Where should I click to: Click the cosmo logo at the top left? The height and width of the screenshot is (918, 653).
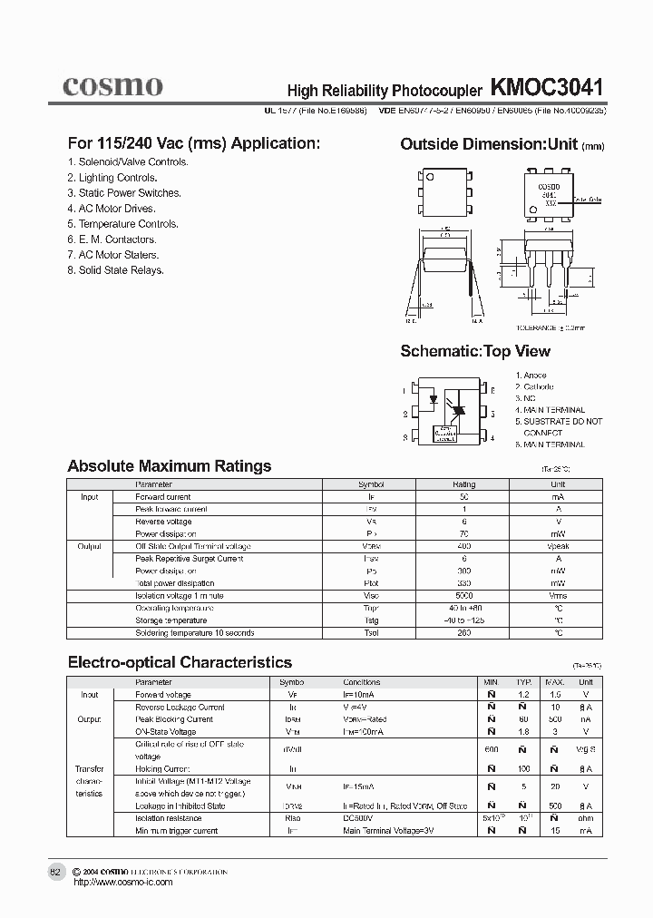point(112,86)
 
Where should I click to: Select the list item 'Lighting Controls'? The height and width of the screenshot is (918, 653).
point(112,178)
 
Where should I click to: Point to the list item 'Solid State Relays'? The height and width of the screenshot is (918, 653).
point(115,270)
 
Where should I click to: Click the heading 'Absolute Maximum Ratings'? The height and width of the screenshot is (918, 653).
point(170,466)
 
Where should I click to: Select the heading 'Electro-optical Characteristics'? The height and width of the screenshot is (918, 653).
point(180,662)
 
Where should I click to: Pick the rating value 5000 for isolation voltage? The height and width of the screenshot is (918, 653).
point(463,596)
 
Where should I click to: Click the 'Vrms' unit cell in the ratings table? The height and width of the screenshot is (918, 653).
point(559,596)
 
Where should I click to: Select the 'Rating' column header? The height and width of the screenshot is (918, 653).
point(463,484)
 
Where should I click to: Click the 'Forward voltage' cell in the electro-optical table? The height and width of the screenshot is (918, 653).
point(163,694)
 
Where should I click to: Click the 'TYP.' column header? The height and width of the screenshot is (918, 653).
point(523,682)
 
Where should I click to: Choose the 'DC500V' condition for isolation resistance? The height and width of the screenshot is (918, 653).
point(358,818)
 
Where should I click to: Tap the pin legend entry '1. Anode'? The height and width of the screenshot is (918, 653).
point(531,376)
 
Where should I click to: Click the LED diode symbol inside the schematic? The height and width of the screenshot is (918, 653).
point(434,397)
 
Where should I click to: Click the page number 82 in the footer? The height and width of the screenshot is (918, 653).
point(55,872)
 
